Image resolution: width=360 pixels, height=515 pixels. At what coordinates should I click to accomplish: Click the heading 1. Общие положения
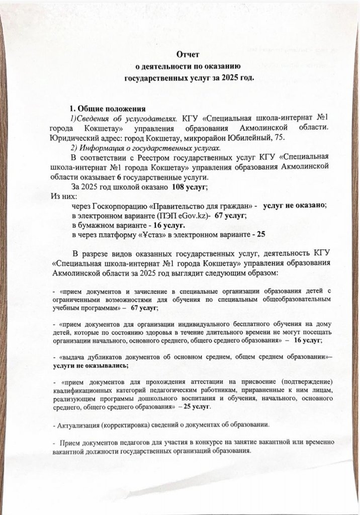[107, 108]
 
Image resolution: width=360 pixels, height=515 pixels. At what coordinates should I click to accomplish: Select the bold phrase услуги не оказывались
[86, 367]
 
